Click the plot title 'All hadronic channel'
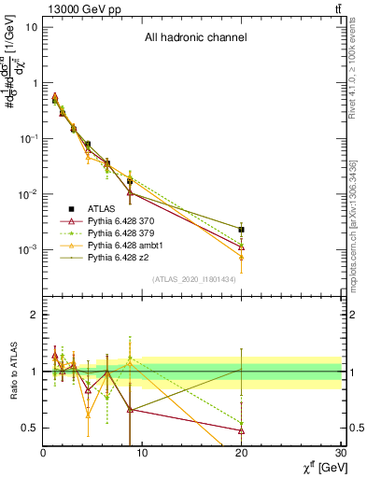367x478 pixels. [195, 38]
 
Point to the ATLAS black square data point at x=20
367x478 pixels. [241, 229]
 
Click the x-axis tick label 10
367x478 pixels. [142, 455]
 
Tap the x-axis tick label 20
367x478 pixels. [242, 455]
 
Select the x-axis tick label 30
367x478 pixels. [341, 455]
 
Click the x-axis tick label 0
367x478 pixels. [43, 455]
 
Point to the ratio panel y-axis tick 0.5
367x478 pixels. [30, 428]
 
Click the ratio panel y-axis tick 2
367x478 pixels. [34, 316]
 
